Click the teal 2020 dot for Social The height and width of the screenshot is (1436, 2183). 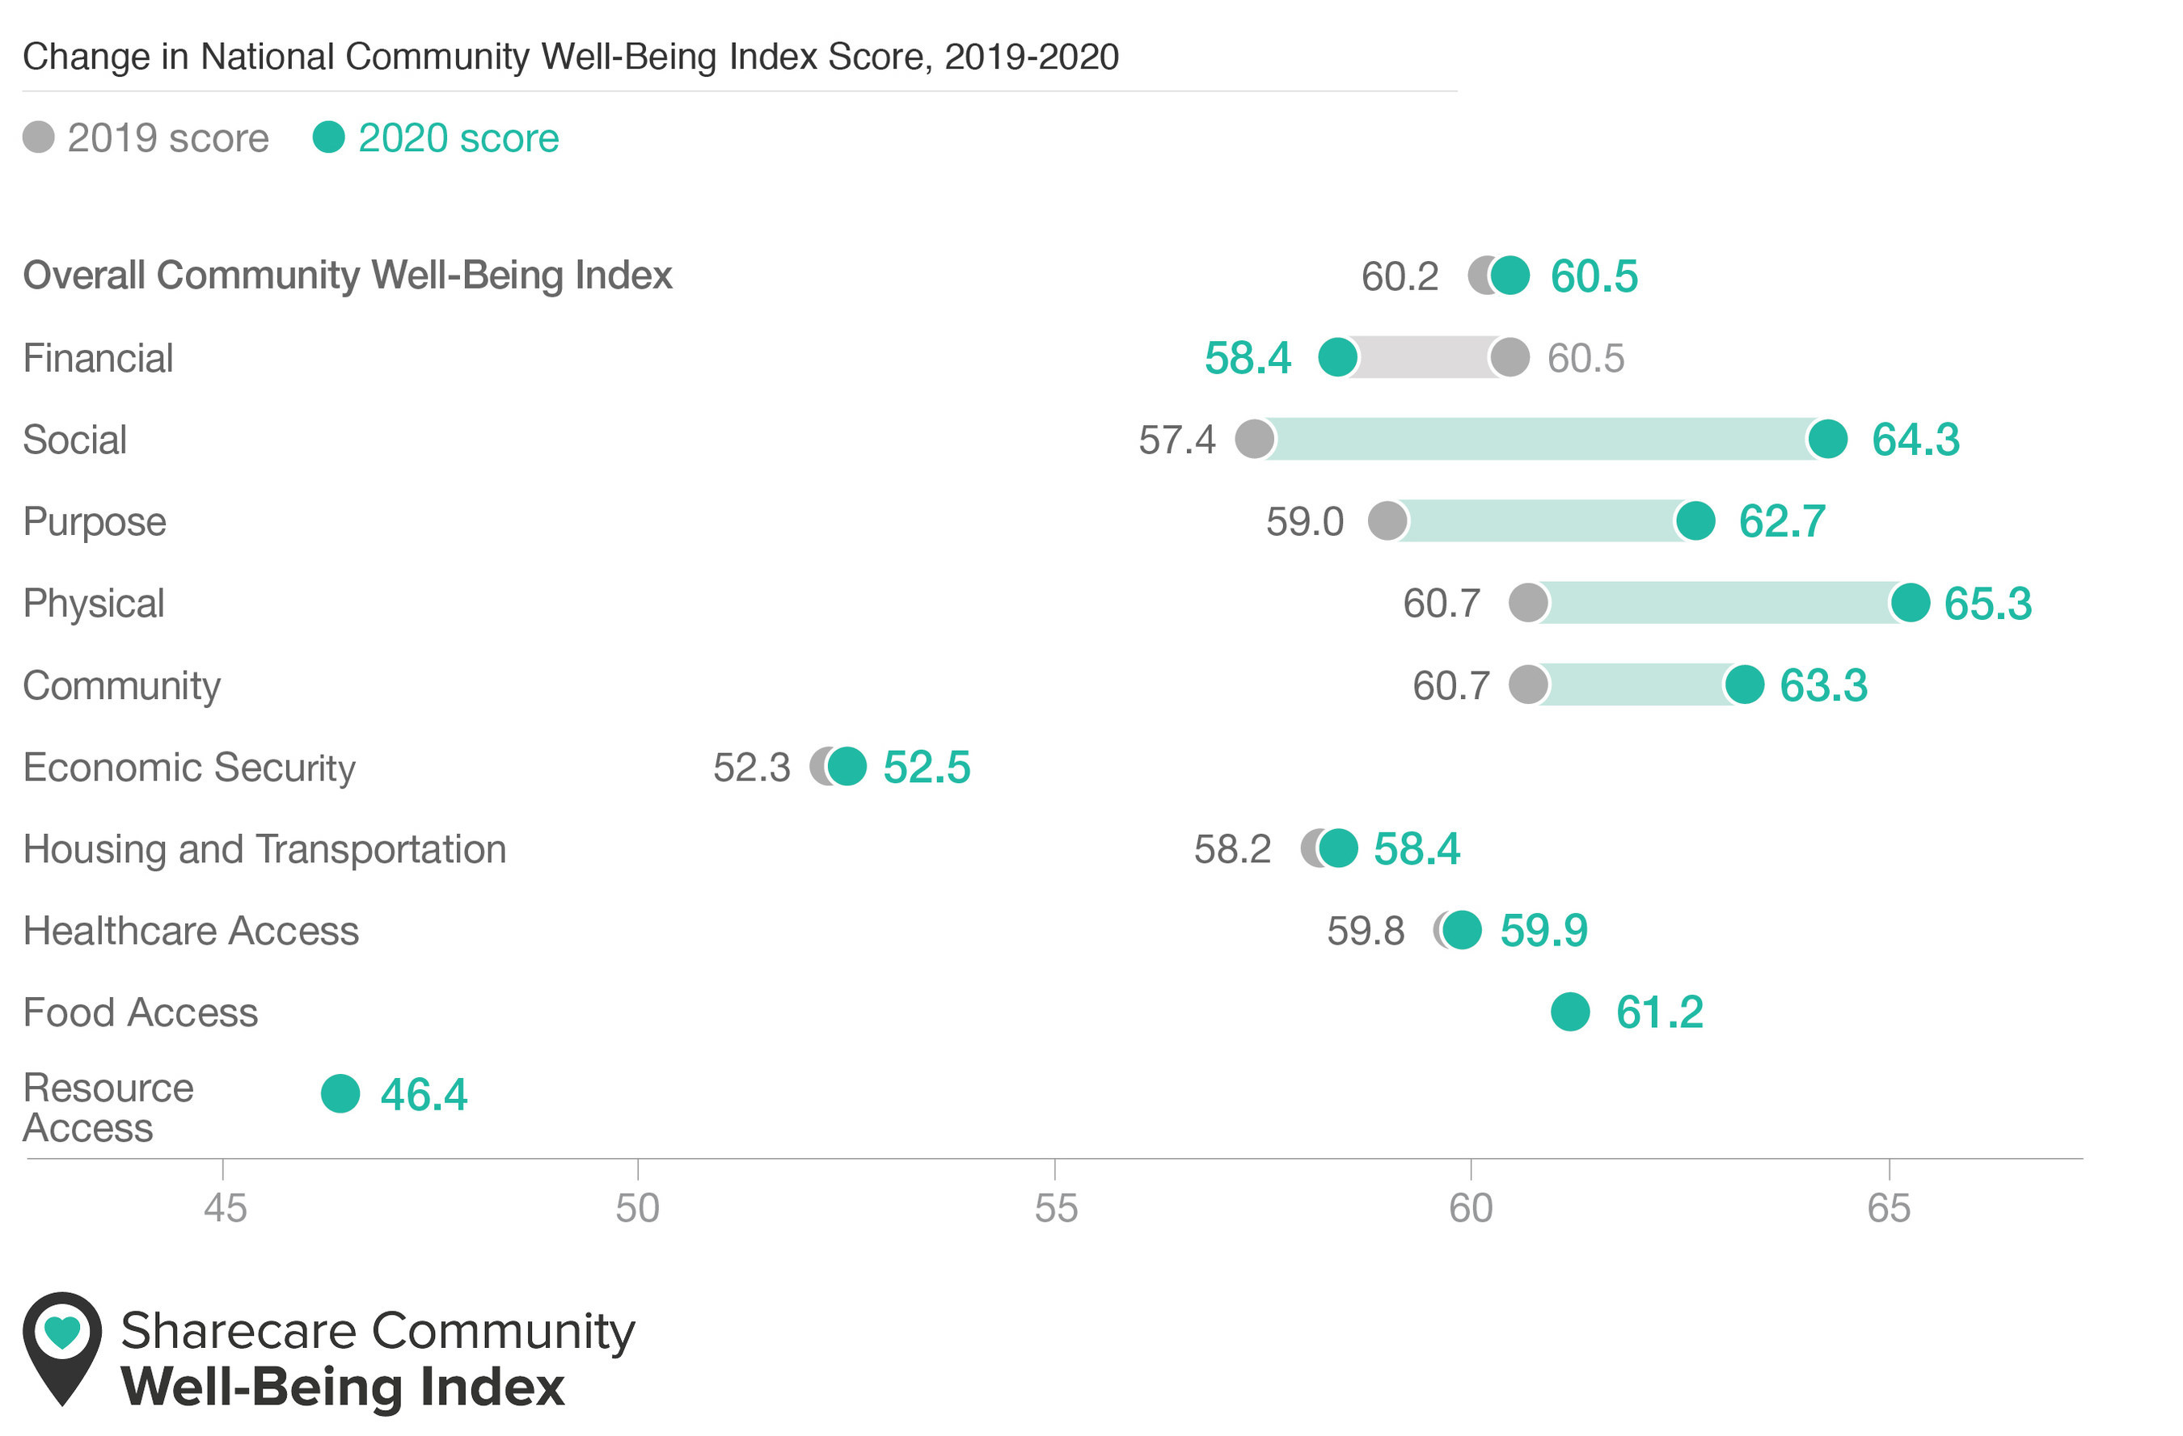1827,440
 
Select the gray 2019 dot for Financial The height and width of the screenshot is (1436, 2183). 1510,356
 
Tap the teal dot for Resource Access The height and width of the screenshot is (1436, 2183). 340,1093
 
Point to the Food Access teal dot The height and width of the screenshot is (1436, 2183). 1570,1012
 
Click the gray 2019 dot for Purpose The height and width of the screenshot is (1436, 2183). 1387,521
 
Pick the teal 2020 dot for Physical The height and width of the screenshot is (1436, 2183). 1911,603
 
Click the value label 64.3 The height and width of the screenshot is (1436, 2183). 1915,440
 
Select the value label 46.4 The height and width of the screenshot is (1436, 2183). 424,1094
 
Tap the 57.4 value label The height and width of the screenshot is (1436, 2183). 1177,440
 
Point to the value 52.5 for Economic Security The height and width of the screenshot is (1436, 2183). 927,768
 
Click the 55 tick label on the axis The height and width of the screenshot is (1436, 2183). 1056,1209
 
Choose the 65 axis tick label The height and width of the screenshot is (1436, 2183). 1889,1209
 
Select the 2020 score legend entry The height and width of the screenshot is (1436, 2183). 436,137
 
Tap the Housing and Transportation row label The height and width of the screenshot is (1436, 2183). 265,849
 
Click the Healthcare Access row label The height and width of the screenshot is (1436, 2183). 191,931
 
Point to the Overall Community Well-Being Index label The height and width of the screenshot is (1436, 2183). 348,275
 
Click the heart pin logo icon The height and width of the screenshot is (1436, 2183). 62,1348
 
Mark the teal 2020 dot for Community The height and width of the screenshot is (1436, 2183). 1744,685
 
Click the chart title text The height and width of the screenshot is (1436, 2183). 571,57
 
